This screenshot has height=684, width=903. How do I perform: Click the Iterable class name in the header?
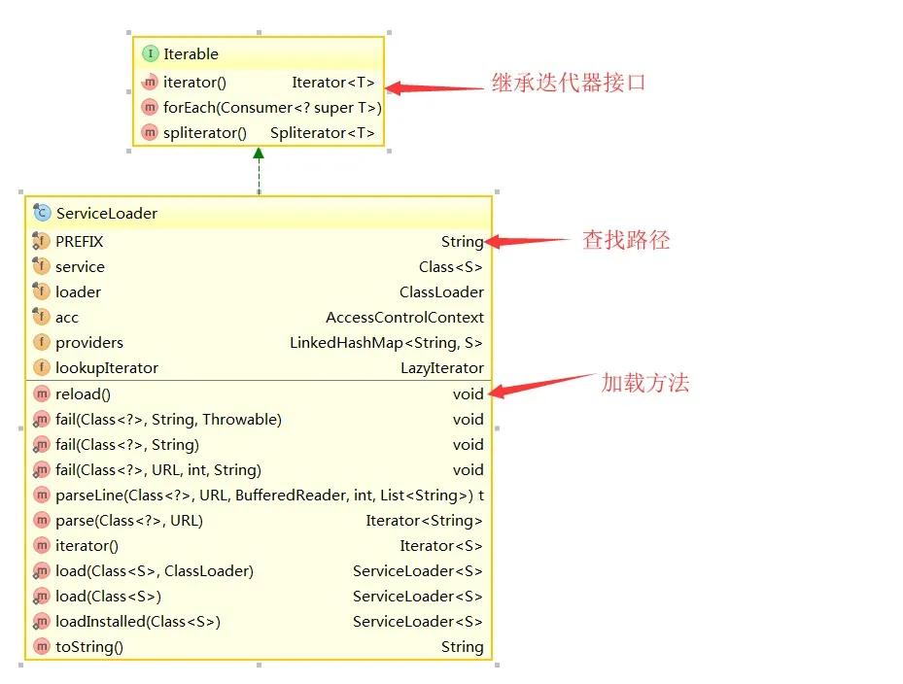pos(191,54)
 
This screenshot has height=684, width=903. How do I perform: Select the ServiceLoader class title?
pos(106,214)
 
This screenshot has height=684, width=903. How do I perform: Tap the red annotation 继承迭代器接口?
pos(569,84)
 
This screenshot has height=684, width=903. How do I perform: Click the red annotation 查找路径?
pos(626,240)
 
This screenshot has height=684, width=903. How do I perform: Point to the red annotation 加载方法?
pos(644,383)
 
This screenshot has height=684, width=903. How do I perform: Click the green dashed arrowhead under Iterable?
pos(259,154)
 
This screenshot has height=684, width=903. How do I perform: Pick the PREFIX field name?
pos(79,242)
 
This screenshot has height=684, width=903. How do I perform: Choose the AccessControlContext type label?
pos(404,318)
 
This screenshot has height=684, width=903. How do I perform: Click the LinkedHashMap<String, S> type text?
pos(386,343)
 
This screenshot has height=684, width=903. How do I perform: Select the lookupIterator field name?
pos(107,368)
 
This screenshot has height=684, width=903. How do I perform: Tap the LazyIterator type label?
pos(441,368)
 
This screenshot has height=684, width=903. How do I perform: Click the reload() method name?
pos(83,394)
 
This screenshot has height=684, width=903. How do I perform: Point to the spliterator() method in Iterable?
pos(205,133)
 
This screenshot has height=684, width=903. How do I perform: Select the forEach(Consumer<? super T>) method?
pos(272,108)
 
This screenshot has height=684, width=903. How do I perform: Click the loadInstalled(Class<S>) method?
pos(138,622)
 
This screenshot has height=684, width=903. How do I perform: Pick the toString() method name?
pos(89,647)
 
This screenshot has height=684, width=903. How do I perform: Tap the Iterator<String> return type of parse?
pos(424,521)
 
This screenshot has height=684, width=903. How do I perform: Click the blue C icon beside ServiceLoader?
pos(42,214)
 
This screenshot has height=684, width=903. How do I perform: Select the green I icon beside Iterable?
pos(150,54)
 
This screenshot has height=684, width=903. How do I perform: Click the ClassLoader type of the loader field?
pos(441,292)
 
